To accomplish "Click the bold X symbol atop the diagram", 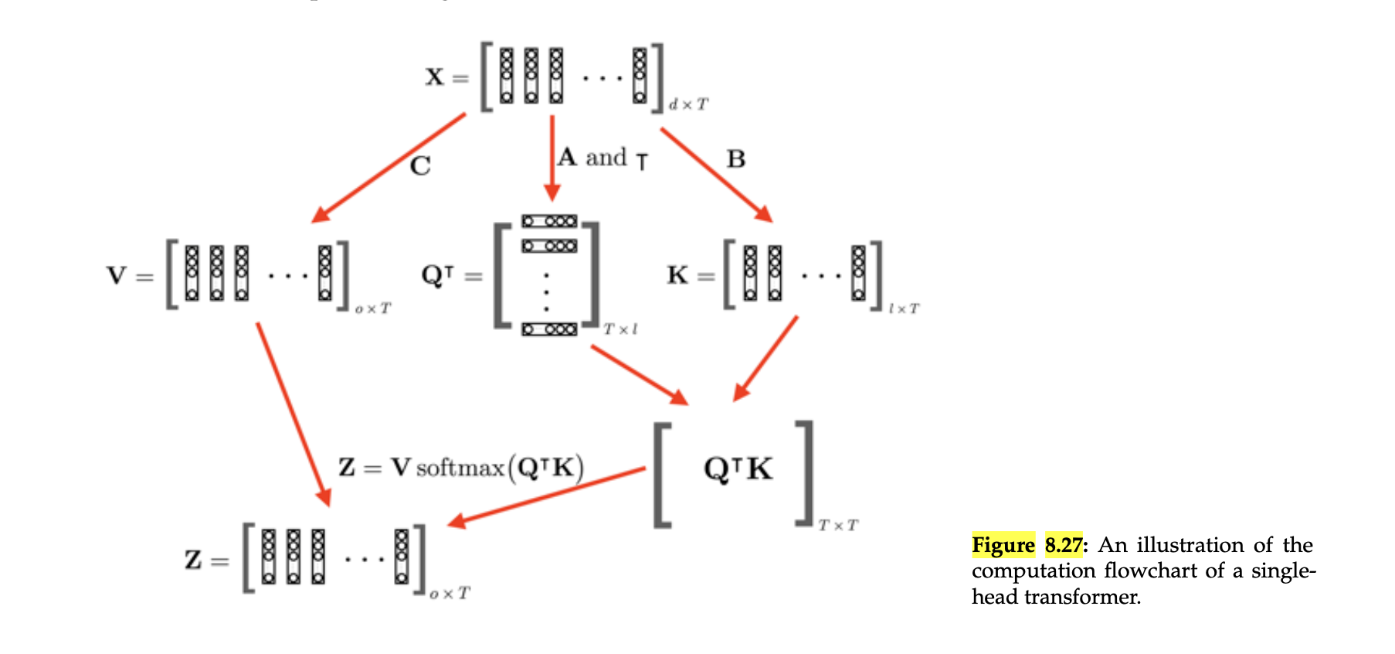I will pos(434,77).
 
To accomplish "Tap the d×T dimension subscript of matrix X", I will pos(687,104).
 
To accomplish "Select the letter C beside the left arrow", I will pos(420,166).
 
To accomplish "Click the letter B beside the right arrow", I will pos(735,159).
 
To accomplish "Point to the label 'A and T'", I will pos(602,158).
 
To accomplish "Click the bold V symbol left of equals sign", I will pos(117,275).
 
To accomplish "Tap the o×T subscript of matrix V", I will pos(373,308).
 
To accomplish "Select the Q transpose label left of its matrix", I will pos(438,275).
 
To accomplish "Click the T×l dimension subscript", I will pos(620,329).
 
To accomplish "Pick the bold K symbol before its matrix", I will pos(677,275).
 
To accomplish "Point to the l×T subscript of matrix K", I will pos(903,308).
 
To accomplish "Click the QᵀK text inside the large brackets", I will pos(738,468).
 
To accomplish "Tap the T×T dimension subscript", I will pos(838,526).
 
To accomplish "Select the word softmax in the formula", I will pos(460,468).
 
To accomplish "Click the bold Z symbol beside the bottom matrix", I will pos(193,560).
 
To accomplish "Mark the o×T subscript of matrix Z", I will pos(450,593).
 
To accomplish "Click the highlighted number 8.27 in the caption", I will pos(1063,545).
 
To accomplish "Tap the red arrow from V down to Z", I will pos(294,414).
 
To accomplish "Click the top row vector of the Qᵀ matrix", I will pos(549,221).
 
